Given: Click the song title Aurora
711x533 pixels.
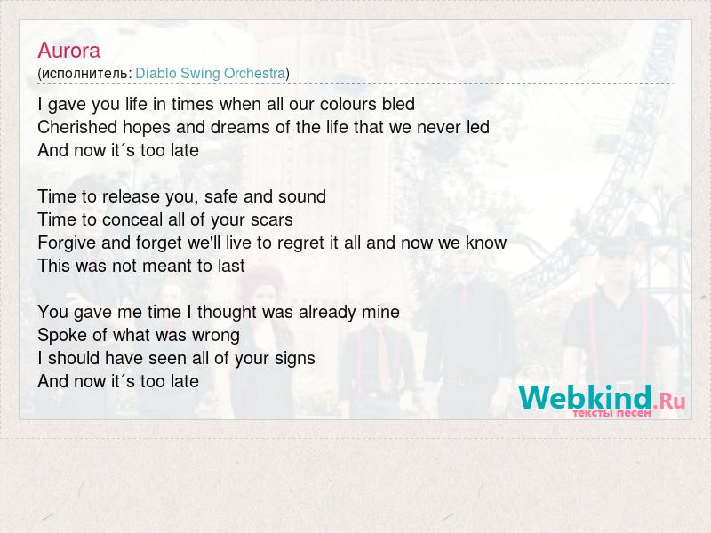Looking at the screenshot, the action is [69, 51].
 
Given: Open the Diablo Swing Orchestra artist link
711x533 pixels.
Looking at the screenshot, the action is [211, 73].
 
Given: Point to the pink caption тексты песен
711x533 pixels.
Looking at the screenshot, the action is [611, 413].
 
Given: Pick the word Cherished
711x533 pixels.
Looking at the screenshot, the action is [77, 127].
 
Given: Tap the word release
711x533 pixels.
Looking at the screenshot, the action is [131, 196].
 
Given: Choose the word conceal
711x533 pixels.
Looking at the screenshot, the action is [132, 219].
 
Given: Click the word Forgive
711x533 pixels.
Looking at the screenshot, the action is [68, 243].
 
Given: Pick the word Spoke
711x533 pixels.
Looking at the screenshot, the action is [62, 336].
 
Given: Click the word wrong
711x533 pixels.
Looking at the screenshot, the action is [216, 336].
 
